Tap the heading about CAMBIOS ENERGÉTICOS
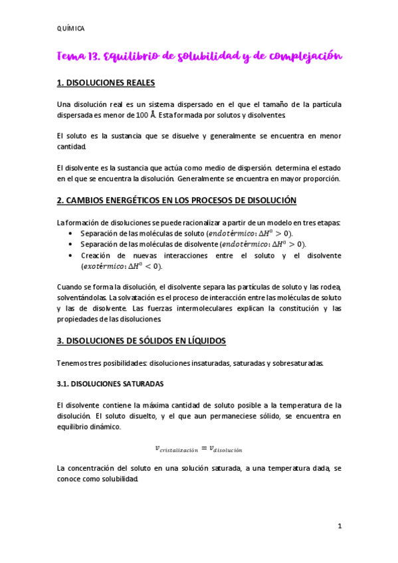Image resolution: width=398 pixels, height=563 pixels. (177, 200)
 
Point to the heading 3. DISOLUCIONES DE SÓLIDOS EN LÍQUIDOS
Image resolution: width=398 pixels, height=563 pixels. (142, 341)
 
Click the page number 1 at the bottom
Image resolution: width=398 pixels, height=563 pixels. (339, 526)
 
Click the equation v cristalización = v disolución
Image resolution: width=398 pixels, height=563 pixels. (199, 448)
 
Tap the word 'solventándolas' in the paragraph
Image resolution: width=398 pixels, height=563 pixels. (82, 297)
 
